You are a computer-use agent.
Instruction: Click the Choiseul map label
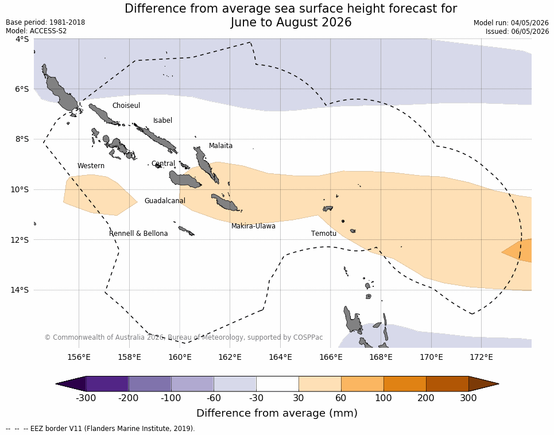126,105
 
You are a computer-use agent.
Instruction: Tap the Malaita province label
220,145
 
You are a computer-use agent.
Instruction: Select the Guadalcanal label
165,200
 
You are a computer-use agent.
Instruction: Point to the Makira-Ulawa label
253,226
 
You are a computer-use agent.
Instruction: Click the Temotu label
324,234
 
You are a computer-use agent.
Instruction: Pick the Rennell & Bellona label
138,234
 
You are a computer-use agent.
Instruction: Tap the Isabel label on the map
162,121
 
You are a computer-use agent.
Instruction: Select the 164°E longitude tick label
281,357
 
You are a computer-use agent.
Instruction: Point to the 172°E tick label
482,357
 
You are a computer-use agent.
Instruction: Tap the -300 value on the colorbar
86,398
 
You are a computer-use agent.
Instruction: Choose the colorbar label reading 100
383,398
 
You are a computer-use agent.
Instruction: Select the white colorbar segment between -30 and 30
277,384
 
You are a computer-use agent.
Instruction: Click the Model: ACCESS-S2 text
36,31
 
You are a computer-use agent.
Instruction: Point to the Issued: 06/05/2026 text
517,31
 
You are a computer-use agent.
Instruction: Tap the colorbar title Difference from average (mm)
277,413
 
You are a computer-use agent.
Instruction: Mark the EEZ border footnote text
100,429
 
